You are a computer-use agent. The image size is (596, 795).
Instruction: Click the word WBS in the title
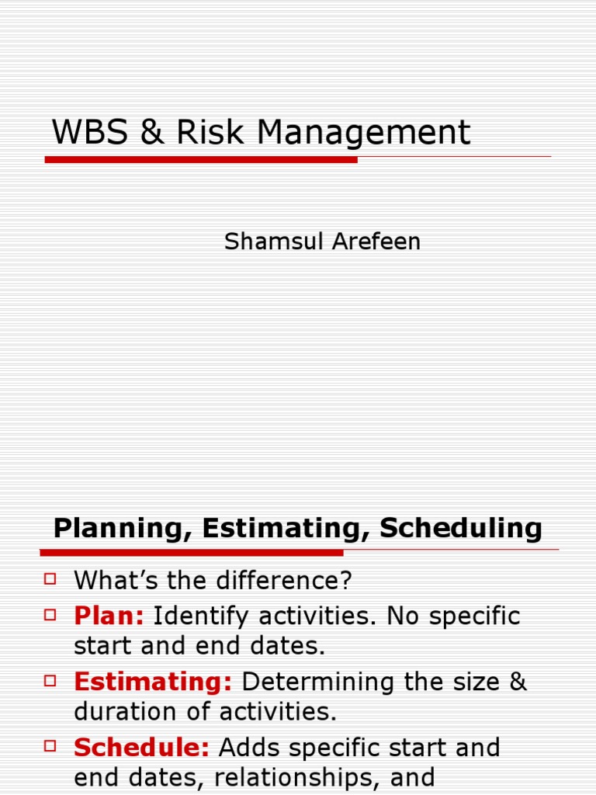point(90,132)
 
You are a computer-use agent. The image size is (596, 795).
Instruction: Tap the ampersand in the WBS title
point(152,132)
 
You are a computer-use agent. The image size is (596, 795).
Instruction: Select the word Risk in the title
point(210,132)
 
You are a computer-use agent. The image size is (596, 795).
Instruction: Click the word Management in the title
point(364,134)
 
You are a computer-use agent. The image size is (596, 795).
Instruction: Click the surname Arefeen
point(376,241)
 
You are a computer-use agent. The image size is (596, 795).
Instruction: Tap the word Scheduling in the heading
point(461,529)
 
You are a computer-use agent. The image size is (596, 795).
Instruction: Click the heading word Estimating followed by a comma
point(286,529)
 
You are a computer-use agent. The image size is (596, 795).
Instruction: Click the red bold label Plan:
point(109,616)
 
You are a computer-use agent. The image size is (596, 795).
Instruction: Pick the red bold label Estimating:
point(153,682)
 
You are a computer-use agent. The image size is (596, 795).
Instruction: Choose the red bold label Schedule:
point(141,748)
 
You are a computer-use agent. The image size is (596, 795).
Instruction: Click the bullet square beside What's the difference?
point(50,579)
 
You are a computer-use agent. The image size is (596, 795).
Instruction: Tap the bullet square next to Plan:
point(50,615)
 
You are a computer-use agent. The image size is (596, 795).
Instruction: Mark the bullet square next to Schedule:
point(50,746)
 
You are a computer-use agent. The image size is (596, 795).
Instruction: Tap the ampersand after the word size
point(518,682)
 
